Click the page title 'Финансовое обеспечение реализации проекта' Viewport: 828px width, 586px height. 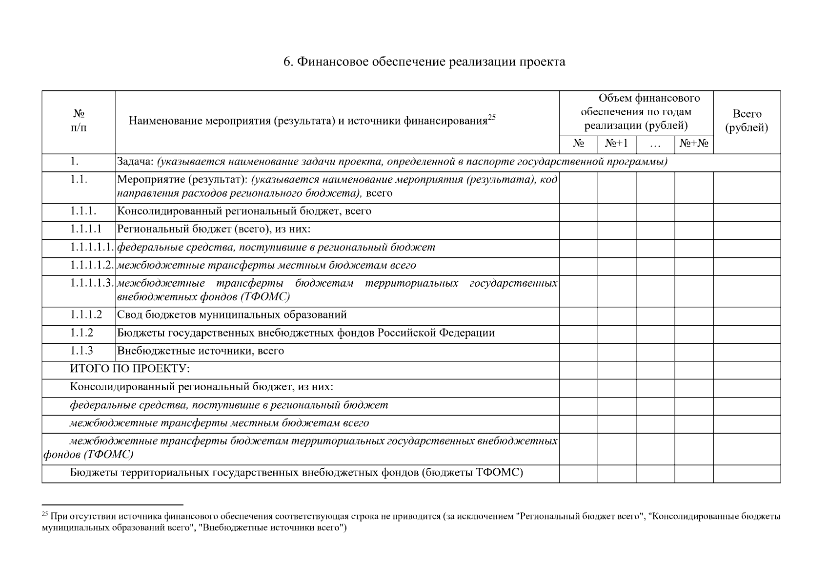(424, 62)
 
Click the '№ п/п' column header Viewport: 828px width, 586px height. (79, 121)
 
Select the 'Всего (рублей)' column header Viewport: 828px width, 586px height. (747, 121)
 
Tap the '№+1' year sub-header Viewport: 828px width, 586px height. (616, 144)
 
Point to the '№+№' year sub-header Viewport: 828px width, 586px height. (694, 144)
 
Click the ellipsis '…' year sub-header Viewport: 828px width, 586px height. (655, 145)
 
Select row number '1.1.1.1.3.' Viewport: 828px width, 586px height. (92, 283)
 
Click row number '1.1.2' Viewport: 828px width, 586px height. (81, 333)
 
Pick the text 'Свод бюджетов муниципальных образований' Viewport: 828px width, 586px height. (232, 315)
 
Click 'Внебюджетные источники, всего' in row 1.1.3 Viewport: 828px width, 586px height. (201, 351)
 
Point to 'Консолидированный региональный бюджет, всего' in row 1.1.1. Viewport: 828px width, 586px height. (244, 211)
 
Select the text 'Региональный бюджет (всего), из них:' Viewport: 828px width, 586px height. (214, 230)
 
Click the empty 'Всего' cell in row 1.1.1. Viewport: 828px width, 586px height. (747, 212)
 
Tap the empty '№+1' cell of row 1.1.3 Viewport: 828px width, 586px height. (616, 352)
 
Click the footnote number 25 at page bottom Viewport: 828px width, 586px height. (45, 514)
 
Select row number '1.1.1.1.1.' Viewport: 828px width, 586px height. (92, 248)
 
